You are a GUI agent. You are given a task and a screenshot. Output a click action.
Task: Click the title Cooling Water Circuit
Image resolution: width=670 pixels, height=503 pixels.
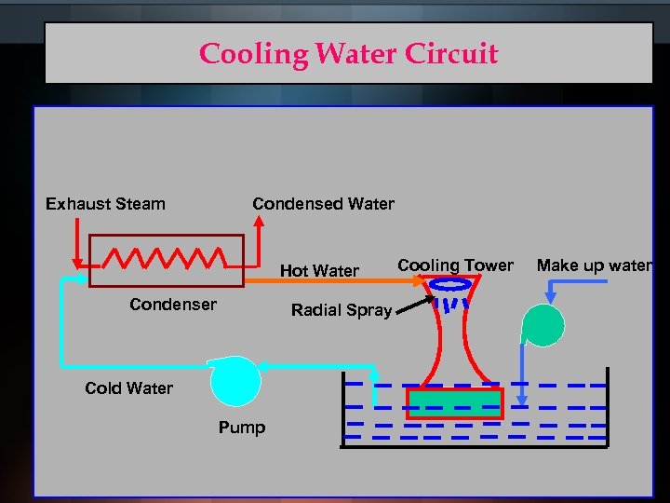[348, 53]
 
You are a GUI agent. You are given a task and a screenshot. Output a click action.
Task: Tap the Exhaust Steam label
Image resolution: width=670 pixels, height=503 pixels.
[105, 204]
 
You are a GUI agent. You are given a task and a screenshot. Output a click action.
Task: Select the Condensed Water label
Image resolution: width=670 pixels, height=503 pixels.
[323, 204]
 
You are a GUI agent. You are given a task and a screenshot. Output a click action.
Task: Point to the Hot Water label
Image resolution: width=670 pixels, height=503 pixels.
[319, 271]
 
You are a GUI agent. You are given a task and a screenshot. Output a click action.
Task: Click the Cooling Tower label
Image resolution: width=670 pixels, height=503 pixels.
[455, 265]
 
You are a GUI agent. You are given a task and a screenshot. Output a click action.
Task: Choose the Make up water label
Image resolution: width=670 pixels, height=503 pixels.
[594, 265]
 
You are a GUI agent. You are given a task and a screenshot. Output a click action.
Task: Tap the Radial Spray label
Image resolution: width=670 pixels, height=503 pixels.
[341, 310]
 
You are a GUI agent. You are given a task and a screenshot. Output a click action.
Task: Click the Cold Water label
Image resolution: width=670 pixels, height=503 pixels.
[128, 388]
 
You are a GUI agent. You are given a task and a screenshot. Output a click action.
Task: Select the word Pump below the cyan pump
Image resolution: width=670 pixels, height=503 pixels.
[241, 428]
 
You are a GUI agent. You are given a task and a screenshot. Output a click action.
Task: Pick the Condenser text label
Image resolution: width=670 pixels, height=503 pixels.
[173, 305]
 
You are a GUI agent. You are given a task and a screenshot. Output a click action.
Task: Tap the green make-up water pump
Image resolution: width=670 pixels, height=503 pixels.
[543, 325]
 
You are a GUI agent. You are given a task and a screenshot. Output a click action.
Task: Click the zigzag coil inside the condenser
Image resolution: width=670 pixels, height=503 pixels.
[165, 257]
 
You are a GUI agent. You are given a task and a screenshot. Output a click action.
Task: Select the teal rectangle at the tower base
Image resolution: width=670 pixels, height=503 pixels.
[454, 403]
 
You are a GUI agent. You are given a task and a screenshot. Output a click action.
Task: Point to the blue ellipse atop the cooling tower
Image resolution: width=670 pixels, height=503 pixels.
[454, 285]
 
